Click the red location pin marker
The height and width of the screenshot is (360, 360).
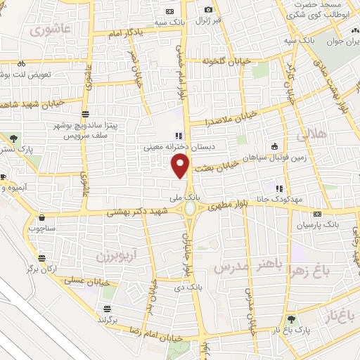point(181,165)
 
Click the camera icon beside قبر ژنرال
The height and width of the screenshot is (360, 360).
point(208,9)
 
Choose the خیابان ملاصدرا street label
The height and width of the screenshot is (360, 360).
point(227,121)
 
